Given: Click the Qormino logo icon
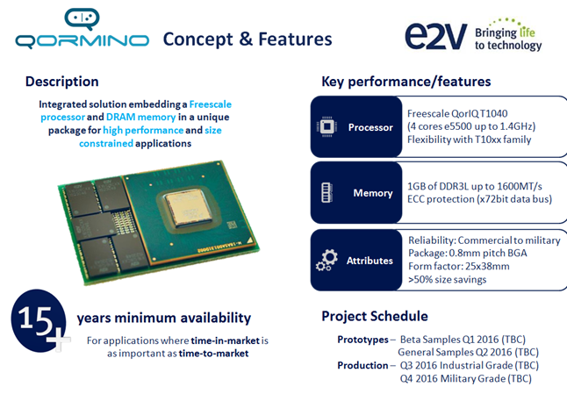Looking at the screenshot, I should tap(84, 18).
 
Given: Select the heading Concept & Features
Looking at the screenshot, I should tap(248, 39).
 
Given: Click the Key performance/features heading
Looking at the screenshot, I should tap(406, 82).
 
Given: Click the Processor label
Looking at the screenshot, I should tap(370, 127).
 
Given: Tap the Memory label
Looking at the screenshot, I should tap(373, 193).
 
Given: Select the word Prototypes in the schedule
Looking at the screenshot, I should tap(363, 339).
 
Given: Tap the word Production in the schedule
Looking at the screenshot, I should tap(363, 365).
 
